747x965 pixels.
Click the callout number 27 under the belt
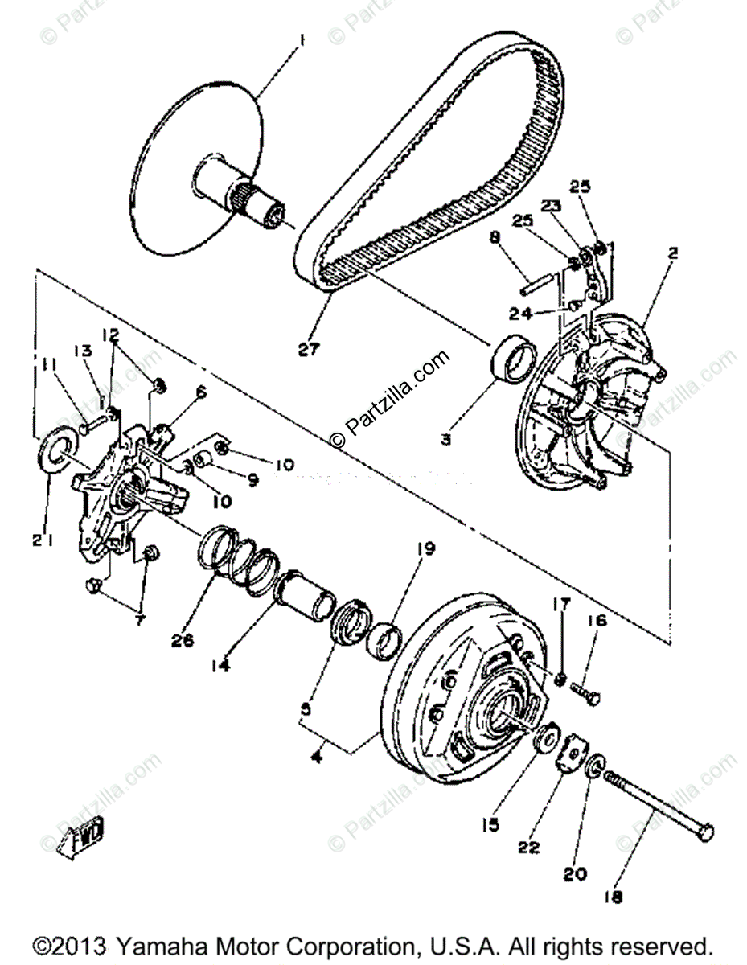(x=309, y=349)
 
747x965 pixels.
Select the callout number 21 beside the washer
(x=43, y=541)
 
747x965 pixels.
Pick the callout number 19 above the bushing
(x=425, y=549)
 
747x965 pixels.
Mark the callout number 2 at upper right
(x=673, y=253)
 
